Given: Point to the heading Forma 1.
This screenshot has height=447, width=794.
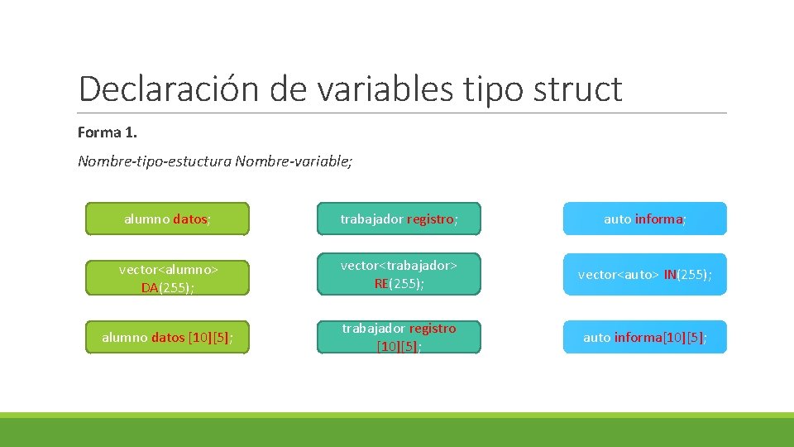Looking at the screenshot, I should tap(107, 132).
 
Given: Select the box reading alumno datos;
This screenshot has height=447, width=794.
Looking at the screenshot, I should tap(167, 219).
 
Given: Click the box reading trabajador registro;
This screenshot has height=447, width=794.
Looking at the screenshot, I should tap(399, 219).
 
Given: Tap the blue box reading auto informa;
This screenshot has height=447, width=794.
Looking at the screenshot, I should tap(645, 219).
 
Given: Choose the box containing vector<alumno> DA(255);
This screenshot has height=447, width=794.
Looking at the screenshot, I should tap(167, 274).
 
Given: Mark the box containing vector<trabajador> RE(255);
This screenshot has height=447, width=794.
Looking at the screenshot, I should tap(399, 274).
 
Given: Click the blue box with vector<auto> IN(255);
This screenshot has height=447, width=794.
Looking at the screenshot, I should tap(645, 274).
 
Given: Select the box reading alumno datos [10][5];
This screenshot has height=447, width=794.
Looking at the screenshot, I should tap(167, 337).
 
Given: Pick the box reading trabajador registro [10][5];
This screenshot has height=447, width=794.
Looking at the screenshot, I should tap(399, 337).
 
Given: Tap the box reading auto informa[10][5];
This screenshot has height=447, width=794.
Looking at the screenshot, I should tap(645, 337).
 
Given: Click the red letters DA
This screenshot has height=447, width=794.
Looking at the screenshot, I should tap(150, 288).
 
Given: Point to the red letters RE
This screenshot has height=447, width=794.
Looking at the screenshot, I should tap(381, 283).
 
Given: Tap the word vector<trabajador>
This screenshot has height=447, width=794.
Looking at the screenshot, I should tap(399, 265).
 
